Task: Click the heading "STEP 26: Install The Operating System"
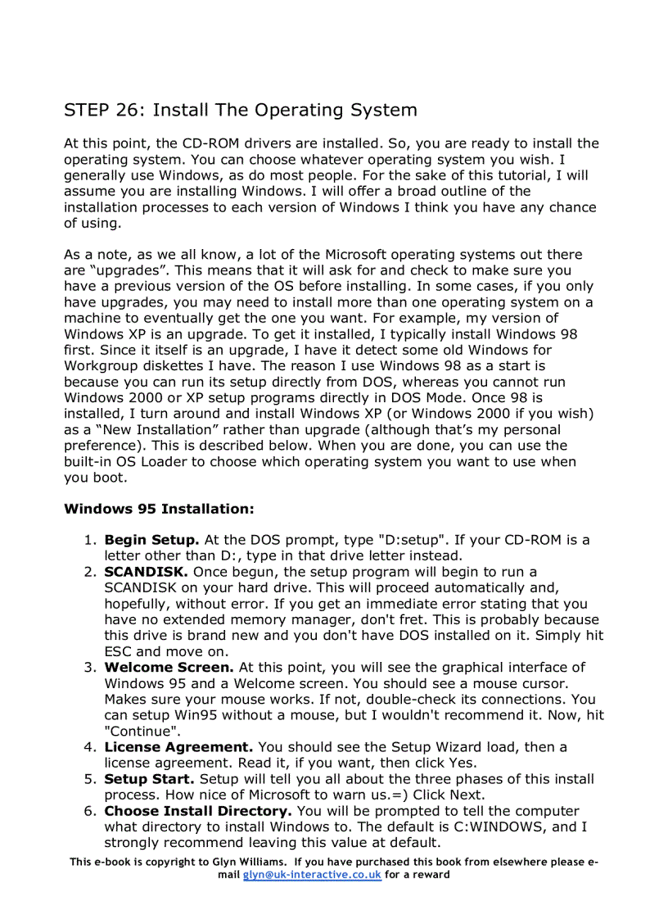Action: pyautogui.click(x=241, y=110)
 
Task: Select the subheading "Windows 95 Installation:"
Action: pyautogui.click(x=159, y=509)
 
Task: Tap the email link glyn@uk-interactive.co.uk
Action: pyautogui.click(x=312, y=874)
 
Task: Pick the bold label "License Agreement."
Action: pyautogui.click(x=178, y=747)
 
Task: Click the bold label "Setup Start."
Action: pyautogui.click(x=150, y=779)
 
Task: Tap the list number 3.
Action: pyautogui.click(x=89, y=668)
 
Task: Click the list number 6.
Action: pyautogui.click(x=89, y=811)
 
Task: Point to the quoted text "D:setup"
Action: pyautogui.click(x=410, y=540)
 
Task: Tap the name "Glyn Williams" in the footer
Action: pyautogui.click(x=250, y=862)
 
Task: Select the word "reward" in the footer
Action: pyautogui.click(x=431, y=874)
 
